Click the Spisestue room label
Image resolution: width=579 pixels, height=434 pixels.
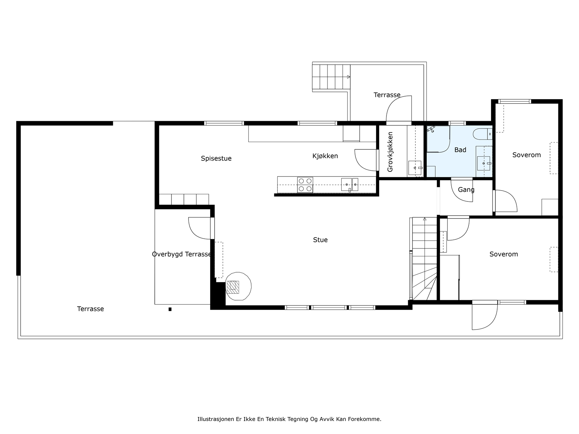[x=216, y=158]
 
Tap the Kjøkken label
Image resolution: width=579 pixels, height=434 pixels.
[x=325, y=156]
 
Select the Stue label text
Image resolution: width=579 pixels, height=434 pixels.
[x=320, y=240]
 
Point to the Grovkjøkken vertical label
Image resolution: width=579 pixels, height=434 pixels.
[x=390, y=152]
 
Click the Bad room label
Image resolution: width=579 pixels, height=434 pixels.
[x=460, y=150]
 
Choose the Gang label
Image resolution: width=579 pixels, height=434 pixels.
[x=466, y=190]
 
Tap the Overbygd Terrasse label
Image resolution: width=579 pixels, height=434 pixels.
[x=182, y=254]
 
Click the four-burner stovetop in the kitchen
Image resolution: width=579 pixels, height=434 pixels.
[x=305, y=185]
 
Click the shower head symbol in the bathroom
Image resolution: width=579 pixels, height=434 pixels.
[x=431, y=129]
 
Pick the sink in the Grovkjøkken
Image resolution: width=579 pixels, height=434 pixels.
[x=415, y=168]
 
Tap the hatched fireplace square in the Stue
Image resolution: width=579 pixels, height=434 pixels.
[x=233, y=287]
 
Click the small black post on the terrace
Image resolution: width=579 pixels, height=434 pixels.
[x=170, y=309]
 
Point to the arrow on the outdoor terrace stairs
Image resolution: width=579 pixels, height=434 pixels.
[x=349, y=77]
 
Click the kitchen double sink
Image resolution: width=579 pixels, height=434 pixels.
[x=350, y=184]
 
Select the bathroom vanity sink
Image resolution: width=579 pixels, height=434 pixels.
[x=483, y=163]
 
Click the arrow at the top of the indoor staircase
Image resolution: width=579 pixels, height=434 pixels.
[x=425, y=219]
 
